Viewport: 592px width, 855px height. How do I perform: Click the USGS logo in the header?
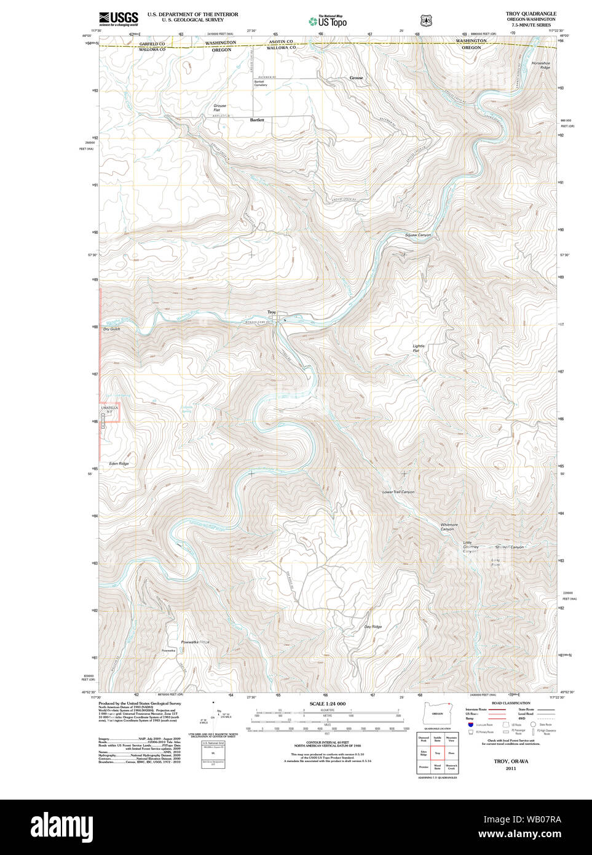click(119, 18)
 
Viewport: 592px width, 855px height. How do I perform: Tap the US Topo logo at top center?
click(328, 21)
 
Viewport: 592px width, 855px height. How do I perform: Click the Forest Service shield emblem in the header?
click(424, 20)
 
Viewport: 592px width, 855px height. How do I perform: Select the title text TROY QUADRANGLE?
click(531, 14)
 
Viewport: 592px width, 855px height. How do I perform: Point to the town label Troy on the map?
click(272, 312)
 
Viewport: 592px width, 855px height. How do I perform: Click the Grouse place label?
click(356, 78)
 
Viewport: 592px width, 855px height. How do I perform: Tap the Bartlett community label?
click(257, 120)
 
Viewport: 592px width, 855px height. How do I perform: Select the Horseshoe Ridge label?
click(541, 65)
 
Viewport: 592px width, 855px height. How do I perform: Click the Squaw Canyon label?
click(418, 235)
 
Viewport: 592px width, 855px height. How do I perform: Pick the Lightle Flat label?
click(418, 348)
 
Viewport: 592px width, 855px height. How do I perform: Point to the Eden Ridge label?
click(119, 463)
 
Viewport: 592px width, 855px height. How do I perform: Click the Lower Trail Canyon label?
click(398, 492)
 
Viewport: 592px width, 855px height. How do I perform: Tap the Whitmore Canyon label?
click(449, 527)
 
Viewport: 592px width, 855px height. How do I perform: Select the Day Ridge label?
click(373, 627)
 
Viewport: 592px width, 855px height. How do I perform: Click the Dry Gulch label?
click(111, 329)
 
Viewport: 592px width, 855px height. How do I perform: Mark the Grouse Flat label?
click(219, 108)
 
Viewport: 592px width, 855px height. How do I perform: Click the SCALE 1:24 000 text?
click(327, 704)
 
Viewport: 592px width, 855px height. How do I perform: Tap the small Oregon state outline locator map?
click(437, 714)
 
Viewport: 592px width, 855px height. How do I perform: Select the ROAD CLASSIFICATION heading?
click(511, 703)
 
